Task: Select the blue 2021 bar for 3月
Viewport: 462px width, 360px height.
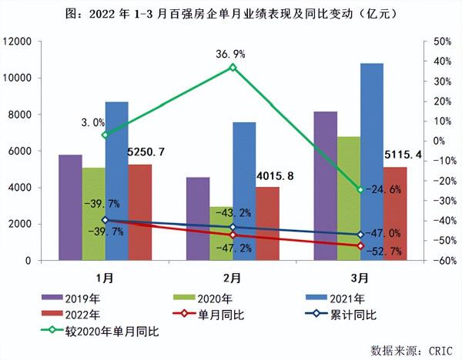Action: pyautogui.click(x=372, y=162)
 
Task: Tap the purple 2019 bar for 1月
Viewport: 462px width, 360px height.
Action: pyautogui.click(x=70, y=208)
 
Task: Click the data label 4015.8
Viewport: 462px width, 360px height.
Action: pyautogui.click(x=276, y=177)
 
